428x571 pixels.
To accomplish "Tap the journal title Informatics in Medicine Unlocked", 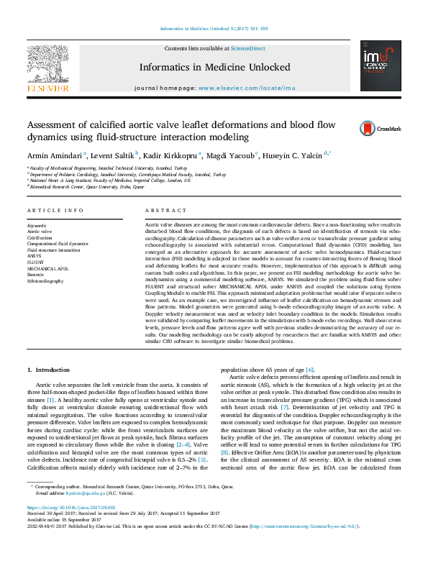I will coord(214,67).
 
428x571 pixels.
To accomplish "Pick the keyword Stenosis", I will coord(37,274).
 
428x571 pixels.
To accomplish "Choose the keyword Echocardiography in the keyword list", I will coord(45,280).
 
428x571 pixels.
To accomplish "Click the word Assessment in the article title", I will coord(57,124).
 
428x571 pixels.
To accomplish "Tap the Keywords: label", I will coord(37,225).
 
